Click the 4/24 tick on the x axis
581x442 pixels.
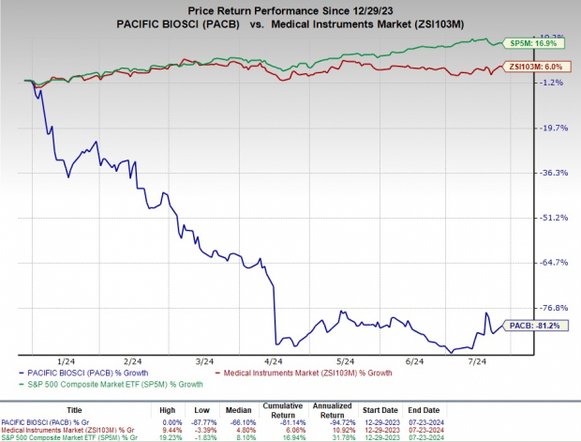click(x=274, y=360)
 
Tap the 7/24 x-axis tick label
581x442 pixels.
click(x=476, y=360)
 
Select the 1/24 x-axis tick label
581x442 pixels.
click(x=67, y=360)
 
